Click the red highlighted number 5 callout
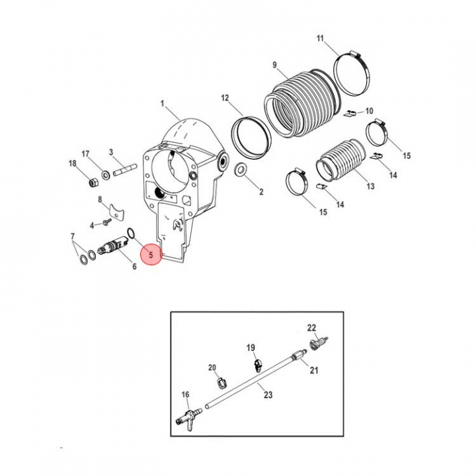151,255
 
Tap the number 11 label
320,38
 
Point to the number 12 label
225,98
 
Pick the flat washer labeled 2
241,169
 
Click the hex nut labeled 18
93,182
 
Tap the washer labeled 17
106,175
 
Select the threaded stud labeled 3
126,170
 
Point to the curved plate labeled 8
116,211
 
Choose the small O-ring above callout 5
131,233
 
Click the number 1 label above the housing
162,104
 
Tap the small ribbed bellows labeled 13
340,160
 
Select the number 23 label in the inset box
268,395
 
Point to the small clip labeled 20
222,383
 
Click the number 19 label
251,348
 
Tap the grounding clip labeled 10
350,114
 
